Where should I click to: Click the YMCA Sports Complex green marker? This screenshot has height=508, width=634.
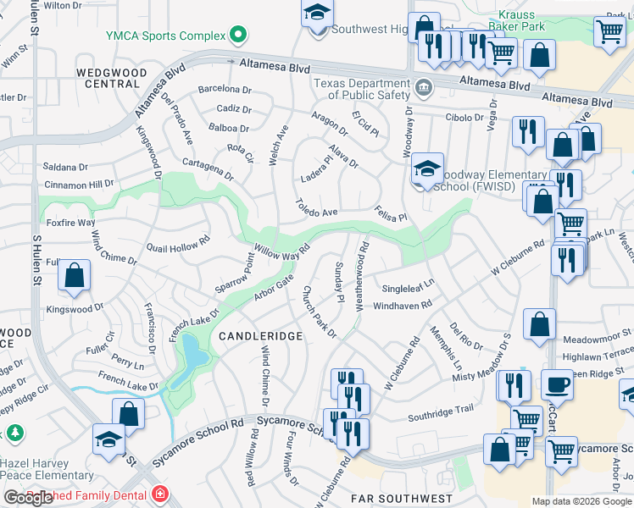pyautogui.click(x=238, y=36)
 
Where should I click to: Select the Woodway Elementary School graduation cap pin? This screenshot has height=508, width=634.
pyautogui.click(x=428, y=168)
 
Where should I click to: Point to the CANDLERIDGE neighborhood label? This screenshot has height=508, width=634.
pyautogui.click(x=261, y=336)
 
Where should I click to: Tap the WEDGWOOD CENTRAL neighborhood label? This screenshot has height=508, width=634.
pyautogui.click(x=108, y=79)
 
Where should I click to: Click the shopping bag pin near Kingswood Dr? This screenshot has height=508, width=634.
pyautogui.click(x=75, y=277)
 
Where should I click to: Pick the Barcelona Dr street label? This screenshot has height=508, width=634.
pyautogui.click(x=225, y=89)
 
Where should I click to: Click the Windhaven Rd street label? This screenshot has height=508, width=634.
pyautogui.click(x=403, y=303)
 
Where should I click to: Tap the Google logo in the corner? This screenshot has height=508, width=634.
pyautogui.click(x=28, y=498)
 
